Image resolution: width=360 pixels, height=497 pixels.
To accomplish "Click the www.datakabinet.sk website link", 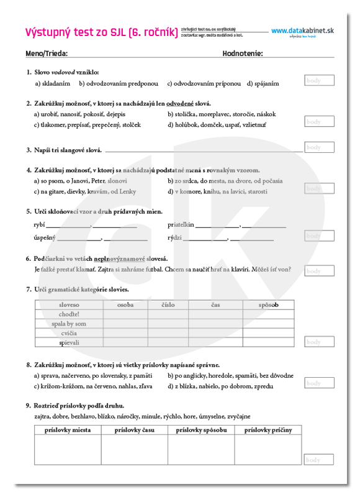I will pos(302,30).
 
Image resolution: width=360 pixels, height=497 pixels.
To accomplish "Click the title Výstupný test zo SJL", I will pos(100,32).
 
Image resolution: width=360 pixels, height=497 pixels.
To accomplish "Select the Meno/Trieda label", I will pos(47,53).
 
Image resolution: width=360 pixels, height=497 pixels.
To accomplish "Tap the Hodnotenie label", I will pos(243,53).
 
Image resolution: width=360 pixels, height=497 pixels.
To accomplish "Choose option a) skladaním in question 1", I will pos(52,83).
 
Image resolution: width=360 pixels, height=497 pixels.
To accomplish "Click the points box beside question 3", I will pos(319,147).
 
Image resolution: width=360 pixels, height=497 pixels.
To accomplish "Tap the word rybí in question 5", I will pos(38,224).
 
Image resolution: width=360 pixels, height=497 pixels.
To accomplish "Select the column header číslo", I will pos(168,305).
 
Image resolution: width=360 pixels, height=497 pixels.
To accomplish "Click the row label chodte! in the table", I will pos(69,314).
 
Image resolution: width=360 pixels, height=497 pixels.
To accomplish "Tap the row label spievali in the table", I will pos(69,342).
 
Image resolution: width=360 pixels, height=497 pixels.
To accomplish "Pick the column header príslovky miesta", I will pos(68,430).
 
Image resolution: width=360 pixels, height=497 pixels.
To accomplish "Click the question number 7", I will pos(29,290).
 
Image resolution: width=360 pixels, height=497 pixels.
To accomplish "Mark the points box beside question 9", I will pos(319,460).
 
